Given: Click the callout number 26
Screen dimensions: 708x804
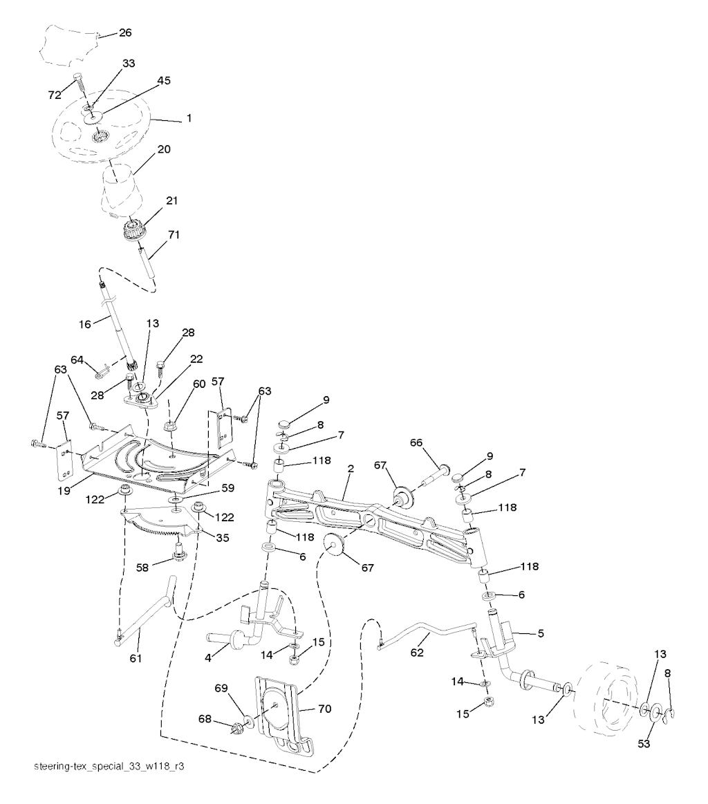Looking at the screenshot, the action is (x=125, y=32).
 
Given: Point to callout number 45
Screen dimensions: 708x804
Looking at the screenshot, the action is (x=164, y=80).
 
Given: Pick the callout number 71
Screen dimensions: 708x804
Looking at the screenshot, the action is (x=174, y=235).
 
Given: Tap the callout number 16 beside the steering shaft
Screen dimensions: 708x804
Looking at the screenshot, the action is (x=84, y=324).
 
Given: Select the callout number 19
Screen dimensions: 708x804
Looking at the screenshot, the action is (x=64, y=491).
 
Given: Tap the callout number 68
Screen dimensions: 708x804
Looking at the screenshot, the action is (x=205, y=720).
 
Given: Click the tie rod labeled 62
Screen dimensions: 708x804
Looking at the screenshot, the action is (x=429, y=634).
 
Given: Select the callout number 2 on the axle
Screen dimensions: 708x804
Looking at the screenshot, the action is (x=351, y=469).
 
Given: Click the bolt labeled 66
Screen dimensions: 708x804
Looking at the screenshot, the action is (x=436, y=474).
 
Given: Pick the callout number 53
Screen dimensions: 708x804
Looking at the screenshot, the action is (x=644, y=743).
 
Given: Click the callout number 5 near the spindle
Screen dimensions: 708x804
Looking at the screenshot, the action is (x=541, y=634).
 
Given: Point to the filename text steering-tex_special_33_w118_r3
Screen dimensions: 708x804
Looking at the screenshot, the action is (x=109, y=767).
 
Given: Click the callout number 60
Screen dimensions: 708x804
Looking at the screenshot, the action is (x=199, y=384).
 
